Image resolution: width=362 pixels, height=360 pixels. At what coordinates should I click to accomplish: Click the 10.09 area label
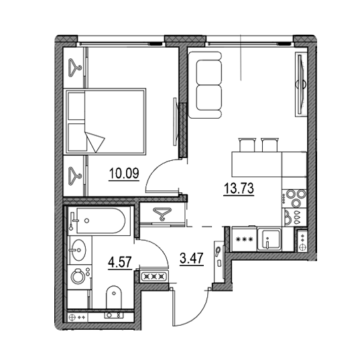click(x=124, y=173)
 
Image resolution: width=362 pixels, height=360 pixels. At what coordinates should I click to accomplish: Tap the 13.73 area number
click(x=239, y=188)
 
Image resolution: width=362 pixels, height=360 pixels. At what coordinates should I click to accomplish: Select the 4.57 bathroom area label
click(x=120, y=262)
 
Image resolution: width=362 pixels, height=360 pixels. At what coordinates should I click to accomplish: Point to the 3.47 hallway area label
click(x=192, y=258)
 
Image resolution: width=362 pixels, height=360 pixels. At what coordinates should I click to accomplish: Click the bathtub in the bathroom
click(x=101, y=221)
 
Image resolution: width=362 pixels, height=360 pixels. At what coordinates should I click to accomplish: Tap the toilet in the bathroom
click(x=113, y=297)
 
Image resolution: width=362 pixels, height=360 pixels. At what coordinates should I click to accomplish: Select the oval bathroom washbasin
click(x=78, y=249)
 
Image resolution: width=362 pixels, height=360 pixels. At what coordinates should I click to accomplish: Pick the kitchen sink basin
click(x=269, y=239)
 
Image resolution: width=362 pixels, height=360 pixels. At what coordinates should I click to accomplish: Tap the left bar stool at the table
click(x=247, y=145)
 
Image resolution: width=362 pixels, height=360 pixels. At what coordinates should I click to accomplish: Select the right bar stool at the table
click(x=269, y=145)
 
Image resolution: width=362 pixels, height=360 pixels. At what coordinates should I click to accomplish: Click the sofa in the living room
click(x=205, y=85)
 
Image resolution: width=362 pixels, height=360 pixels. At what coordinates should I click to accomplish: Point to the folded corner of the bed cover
click(x=95, y=141)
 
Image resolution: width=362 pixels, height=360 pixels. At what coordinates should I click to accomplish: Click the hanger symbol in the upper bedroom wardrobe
click(x=75, y=68)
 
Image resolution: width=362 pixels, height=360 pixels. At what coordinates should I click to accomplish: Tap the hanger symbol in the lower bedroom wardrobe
click(x=75, y=176)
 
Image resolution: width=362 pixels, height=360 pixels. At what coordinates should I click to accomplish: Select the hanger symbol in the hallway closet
click(x=162, y=214)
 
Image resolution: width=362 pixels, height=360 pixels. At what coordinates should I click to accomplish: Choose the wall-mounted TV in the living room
click(x=300, y=84)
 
